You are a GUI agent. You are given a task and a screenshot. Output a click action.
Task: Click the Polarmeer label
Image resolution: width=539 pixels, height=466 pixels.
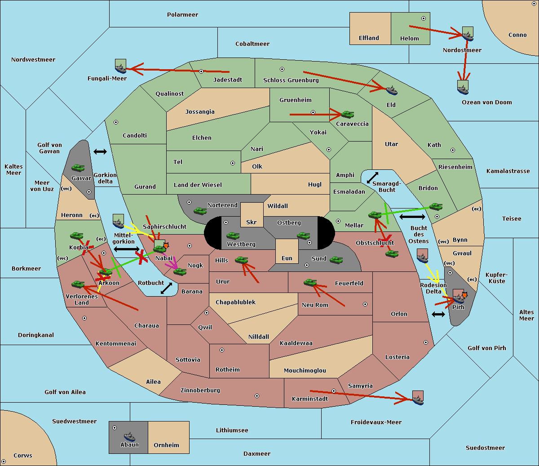182,15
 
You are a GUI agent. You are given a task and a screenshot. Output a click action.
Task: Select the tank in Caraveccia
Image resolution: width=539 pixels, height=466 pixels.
348,114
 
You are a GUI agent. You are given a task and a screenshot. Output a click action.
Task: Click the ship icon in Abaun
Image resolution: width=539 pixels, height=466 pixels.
129,436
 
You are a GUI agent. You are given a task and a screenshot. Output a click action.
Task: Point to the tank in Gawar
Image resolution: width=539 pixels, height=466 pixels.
78,168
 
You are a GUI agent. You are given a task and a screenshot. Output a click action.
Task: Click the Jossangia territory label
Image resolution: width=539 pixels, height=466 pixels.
200,112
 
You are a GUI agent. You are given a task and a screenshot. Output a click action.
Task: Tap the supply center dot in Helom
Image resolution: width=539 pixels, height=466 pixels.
424,18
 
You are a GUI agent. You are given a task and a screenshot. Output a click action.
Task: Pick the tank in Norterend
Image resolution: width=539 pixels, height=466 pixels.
200,211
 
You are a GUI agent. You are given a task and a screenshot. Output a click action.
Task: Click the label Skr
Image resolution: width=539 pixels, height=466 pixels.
252,222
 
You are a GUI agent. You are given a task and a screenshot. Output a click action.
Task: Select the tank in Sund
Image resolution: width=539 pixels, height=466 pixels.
336,260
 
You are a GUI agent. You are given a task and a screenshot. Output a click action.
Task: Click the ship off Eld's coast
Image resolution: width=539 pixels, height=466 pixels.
392,90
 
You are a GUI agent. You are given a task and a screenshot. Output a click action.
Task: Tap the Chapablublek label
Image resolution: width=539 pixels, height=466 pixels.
235,302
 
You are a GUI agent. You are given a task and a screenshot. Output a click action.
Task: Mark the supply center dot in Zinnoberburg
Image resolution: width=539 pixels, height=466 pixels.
257,396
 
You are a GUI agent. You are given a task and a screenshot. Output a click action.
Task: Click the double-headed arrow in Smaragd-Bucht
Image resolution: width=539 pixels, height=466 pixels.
372,178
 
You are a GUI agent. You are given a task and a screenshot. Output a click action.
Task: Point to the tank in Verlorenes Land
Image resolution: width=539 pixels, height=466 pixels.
78,284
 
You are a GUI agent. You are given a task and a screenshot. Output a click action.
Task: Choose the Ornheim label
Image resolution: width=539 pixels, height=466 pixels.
166,445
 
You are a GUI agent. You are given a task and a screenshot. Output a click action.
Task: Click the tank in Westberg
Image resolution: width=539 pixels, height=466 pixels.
233,236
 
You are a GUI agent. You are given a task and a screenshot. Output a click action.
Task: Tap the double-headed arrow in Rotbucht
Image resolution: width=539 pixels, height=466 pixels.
166,288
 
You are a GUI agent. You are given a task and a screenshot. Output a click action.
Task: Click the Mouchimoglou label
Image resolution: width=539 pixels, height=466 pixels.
305,370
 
